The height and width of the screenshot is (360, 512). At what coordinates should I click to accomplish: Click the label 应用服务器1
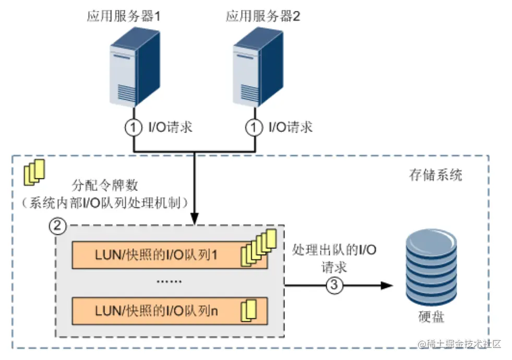[x=123, y=16]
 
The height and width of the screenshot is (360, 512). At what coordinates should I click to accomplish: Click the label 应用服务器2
[x=263, y=16]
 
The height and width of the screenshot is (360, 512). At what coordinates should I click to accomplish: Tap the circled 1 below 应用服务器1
[x=134, y=127]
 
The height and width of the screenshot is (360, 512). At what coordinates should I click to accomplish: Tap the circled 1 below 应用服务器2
[x=254, y=127]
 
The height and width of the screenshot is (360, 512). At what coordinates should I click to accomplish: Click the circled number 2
[x=57, y=226]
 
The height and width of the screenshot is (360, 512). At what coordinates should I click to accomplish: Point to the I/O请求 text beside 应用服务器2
[x=290, y=127]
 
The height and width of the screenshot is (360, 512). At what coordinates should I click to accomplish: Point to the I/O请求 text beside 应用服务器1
[x=170, y=127]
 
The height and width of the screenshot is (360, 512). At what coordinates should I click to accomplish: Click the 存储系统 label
[x=436, y=174]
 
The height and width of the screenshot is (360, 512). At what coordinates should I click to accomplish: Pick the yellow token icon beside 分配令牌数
[x=35, y=171]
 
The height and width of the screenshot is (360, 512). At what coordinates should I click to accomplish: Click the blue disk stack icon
[x=431, y=269]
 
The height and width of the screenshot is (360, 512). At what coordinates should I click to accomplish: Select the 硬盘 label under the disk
[x=431, y=317]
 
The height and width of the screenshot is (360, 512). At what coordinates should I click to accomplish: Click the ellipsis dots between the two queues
[x=169, y=282]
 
